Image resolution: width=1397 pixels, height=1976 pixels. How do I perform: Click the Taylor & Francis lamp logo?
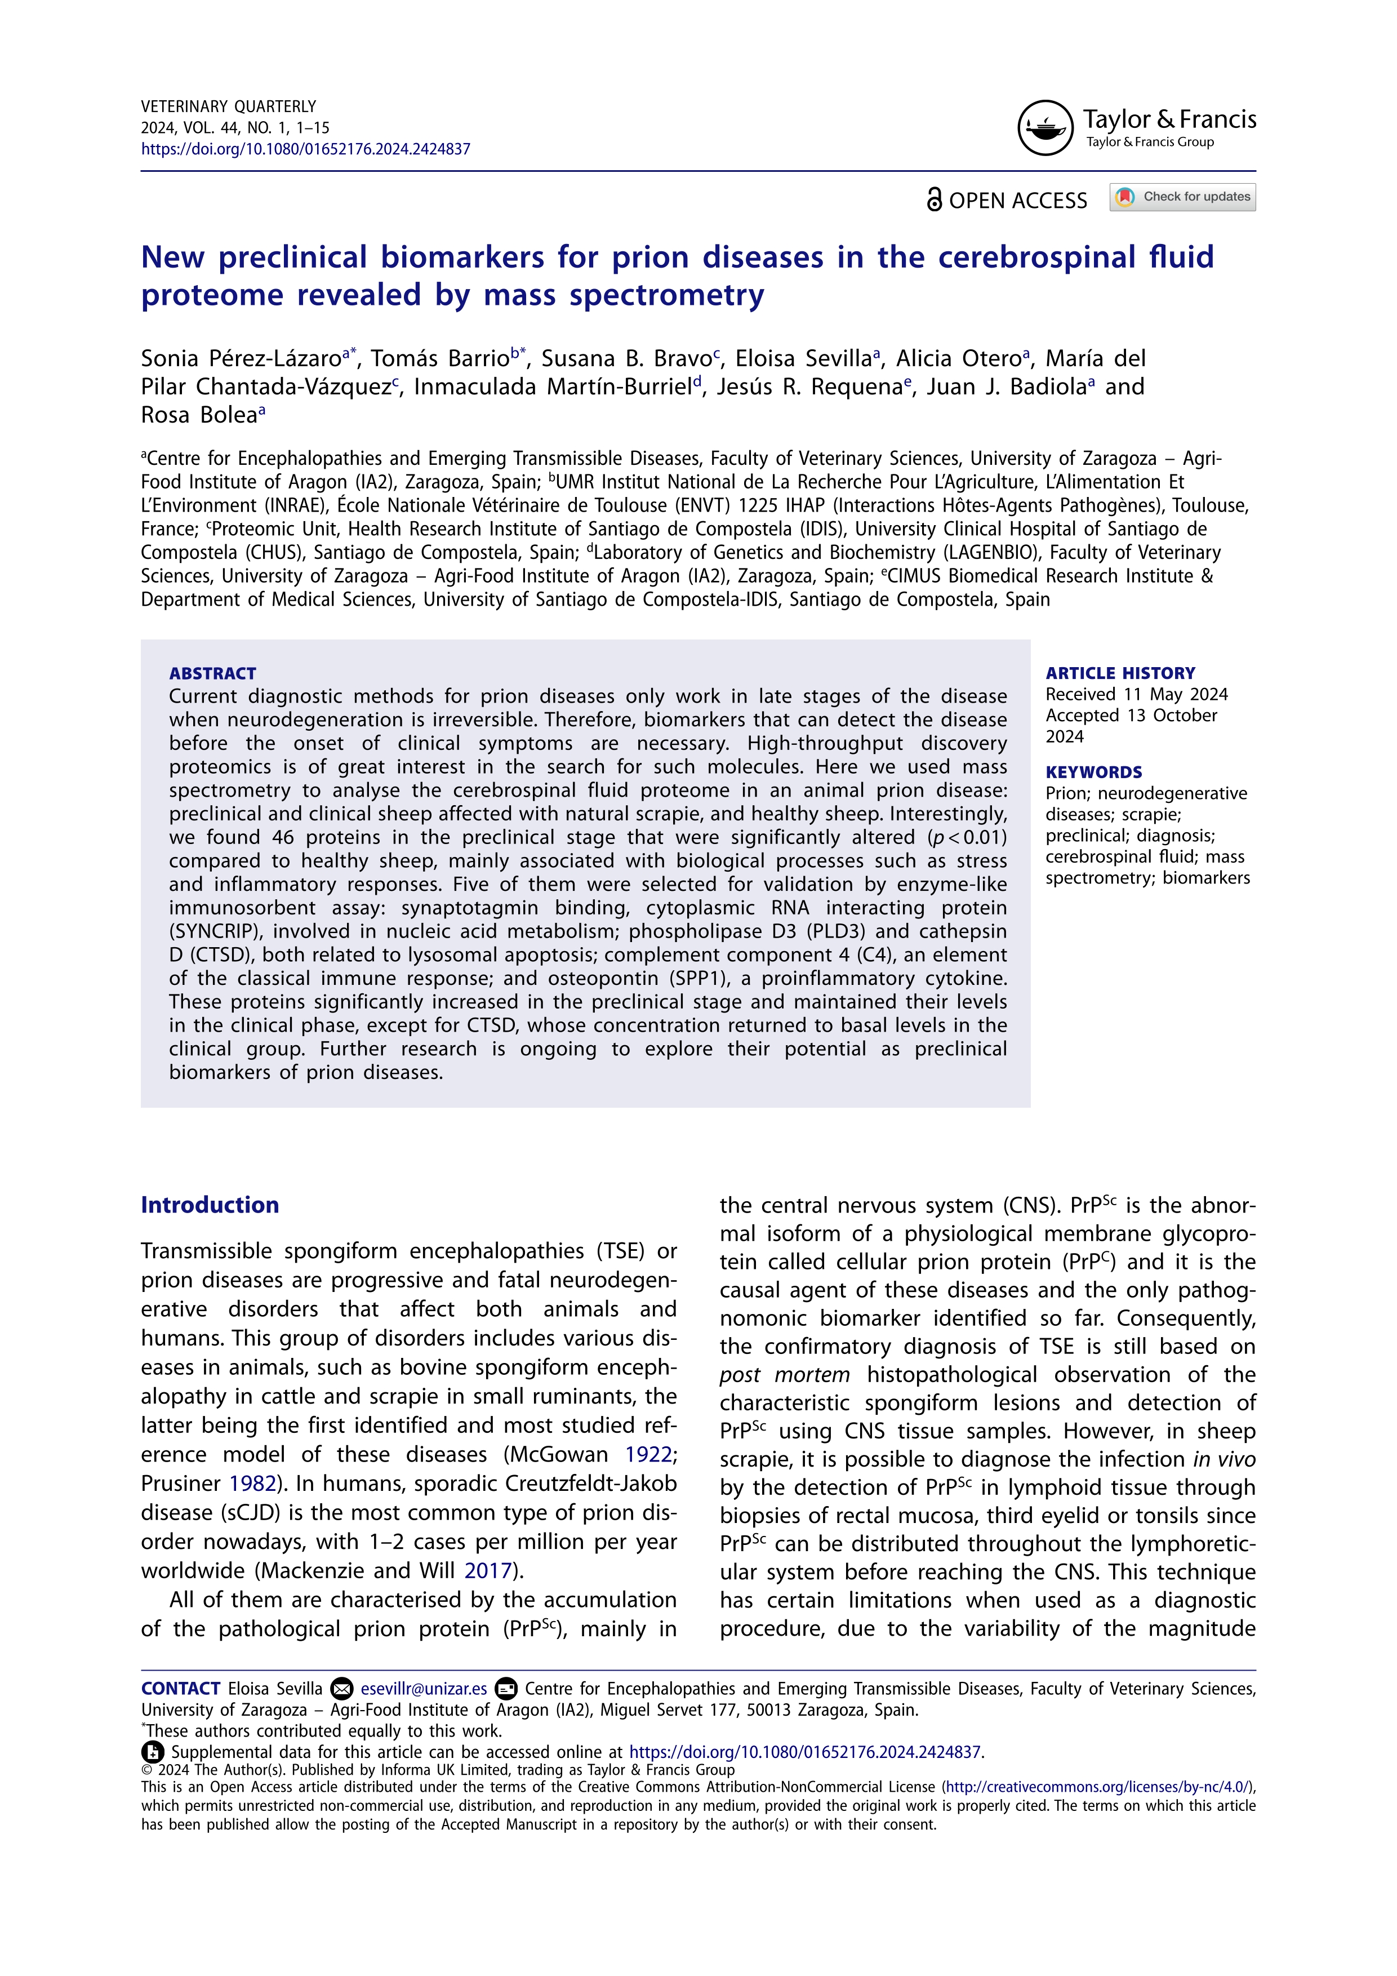coord(1045,127)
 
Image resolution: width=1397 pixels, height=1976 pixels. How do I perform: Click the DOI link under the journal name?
coord(305,149)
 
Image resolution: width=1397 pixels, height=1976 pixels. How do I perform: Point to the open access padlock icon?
coord(934,199)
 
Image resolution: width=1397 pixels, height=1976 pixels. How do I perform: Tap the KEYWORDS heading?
coord(1093,772)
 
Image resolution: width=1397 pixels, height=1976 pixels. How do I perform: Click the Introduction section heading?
coord(210,1205)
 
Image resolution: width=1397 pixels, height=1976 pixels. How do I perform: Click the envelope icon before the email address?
coord(341,1689)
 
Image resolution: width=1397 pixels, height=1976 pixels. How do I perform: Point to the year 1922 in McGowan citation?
coord(648,1454)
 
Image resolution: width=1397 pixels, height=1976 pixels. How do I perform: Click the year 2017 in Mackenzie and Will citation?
coord(488,1571)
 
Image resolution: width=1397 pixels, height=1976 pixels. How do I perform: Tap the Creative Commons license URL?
coord(1098,1787)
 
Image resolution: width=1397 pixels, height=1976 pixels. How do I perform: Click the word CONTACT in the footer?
coord(181,1689)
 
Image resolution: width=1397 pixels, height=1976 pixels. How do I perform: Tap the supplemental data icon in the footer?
coord(152,1751)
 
